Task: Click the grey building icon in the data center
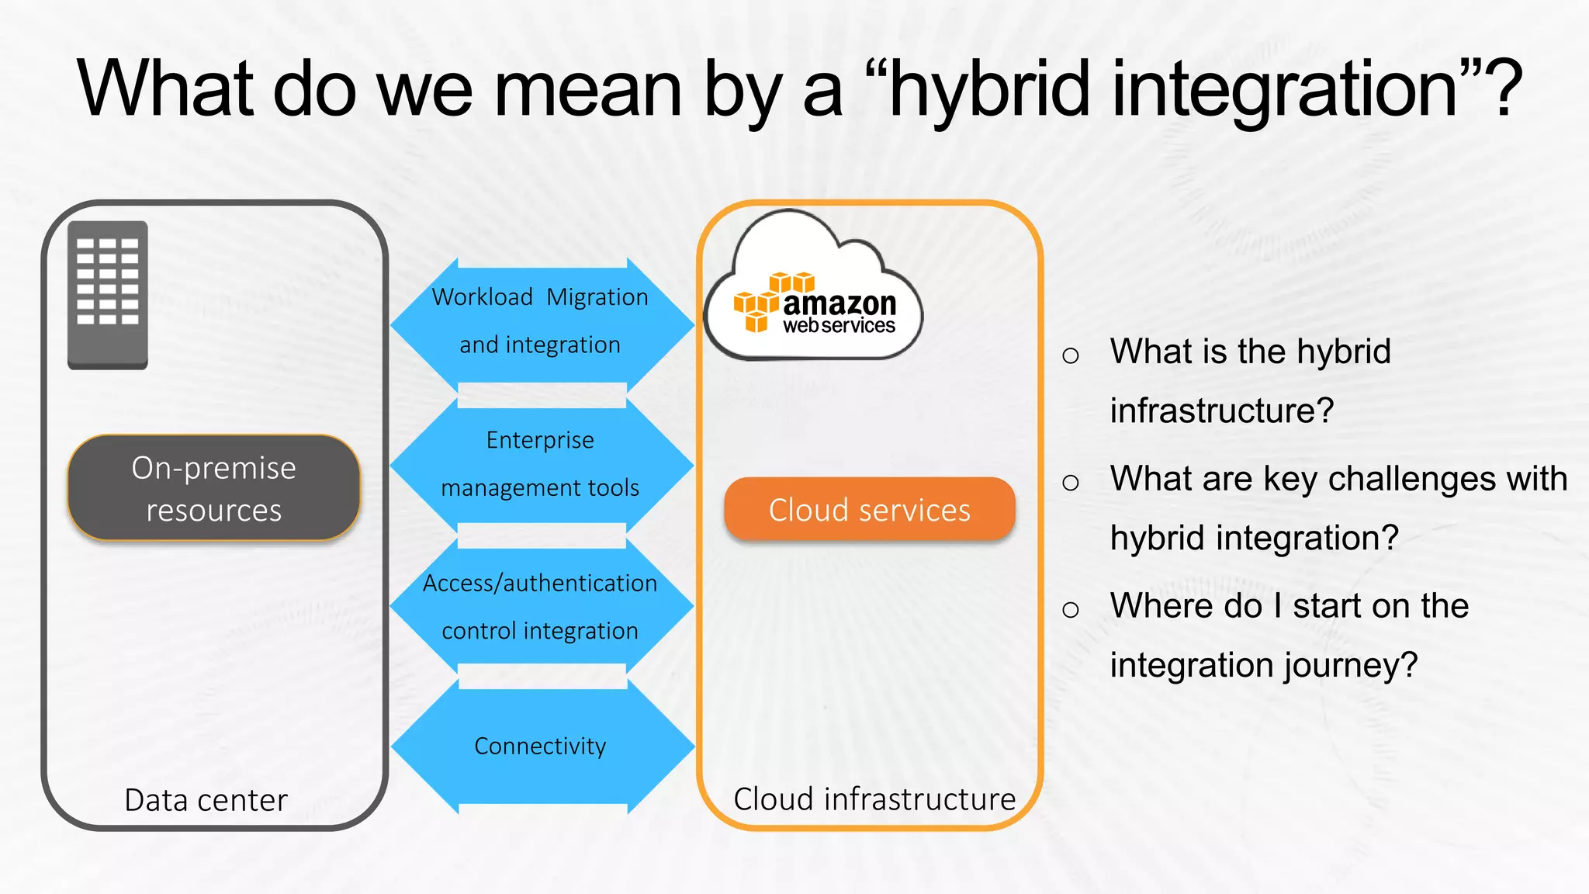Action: point(107,295)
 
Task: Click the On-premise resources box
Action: point(213,488)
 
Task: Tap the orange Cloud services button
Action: point(869,510)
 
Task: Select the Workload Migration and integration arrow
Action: point(540,321)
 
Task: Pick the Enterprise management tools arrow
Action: point(540,463)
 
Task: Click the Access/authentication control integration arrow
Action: point(540,606)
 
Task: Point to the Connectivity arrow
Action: point(540,746)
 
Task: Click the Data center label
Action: point(206,800)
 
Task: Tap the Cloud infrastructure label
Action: point(874,799)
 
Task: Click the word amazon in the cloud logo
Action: point(840,303)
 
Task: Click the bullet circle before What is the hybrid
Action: point(1071,355)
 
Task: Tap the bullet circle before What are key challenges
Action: point(1071,483)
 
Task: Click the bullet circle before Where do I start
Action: point(1071,609)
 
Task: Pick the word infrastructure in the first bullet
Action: point(1221,411)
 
